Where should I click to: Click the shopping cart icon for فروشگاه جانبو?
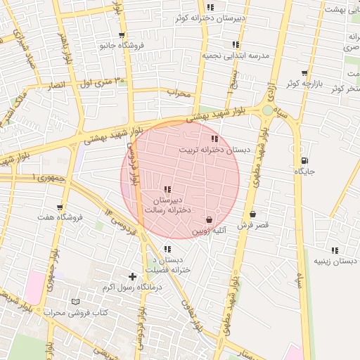122,34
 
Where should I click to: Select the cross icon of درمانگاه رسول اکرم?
132,276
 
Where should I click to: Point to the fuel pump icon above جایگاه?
304,160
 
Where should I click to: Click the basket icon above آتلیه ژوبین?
210,219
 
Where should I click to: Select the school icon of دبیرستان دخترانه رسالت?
167,188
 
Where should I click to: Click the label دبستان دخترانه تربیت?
214,150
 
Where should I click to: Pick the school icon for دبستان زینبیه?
335,250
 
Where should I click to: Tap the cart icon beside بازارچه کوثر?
304,72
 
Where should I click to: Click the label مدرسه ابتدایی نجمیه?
236,54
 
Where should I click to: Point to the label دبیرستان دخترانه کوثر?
210,19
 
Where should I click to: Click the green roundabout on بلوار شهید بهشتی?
267,110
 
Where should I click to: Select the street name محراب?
180,92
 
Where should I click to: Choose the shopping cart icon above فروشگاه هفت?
60,207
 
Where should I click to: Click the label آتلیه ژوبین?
210,230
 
